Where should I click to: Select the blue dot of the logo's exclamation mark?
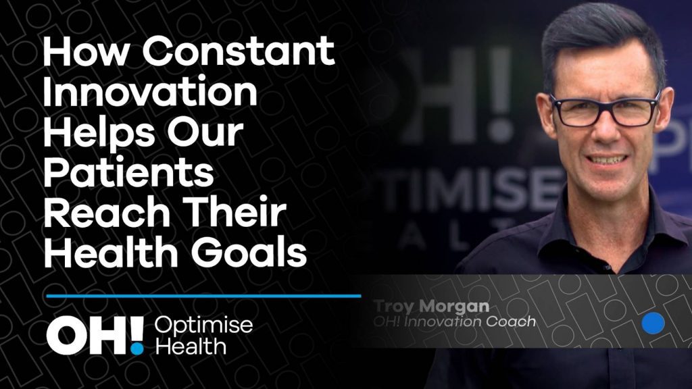click(x=138, y=348)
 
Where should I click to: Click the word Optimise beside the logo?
click(x=203, y=326)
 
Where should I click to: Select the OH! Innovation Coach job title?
click(x=455, y=321)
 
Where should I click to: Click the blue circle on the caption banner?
click(x=653, y=323)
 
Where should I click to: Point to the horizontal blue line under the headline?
click(x=203, y=296)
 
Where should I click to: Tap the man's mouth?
click(x=608, y=159)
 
